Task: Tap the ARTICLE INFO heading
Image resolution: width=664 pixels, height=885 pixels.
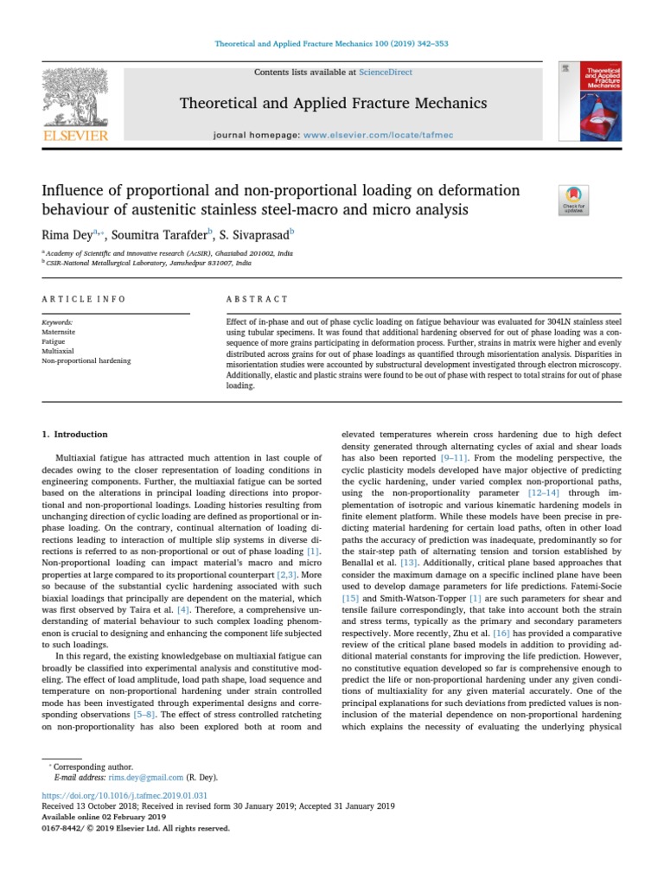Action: (84, 299)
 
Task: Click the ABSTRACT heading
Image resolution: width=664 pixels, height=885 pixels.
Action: (257, 299)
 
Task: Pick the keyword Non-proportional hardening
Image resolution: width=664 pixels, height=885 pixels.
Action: (86, 360)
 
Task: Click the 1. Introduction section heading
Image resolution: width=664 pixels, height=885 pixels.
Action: (75, 434)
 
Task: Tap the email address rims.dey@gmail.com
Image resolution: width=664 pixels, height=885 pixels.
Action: (144, 777)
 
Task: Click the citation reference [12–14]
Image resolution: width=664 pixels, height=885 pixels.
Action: (545, 491)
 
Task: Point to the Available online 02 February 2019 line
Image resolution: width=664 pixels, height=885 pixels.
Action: (104, 816)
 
